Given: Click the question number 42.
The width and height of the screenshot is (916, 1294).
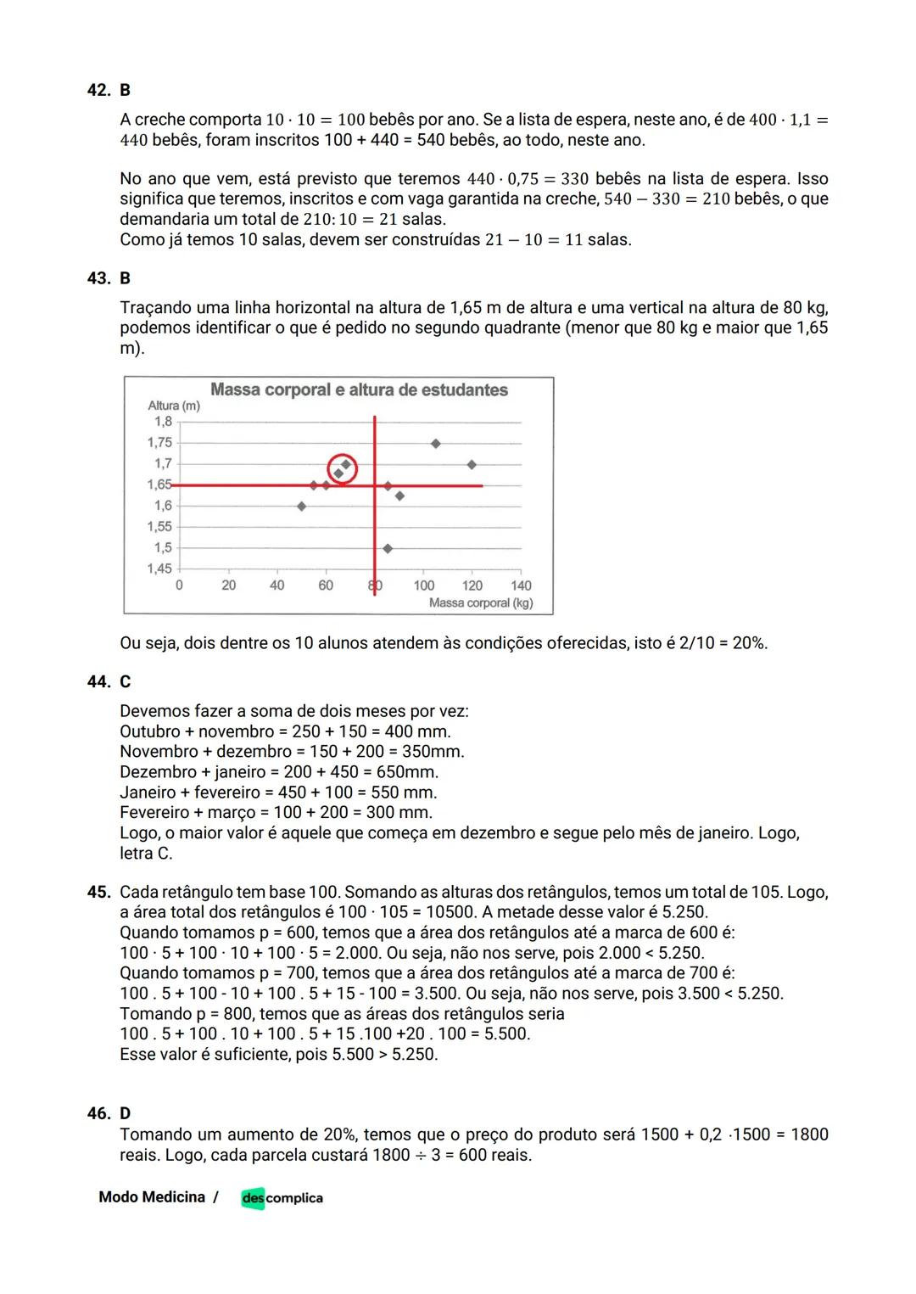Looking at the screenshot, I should (98, 90).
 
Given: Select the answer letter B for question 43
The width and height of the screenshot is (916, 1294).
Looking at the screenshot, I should (126, 278).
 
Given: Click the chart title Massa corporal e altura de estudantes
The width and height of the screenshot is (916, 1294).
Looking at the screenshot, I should (359, 390).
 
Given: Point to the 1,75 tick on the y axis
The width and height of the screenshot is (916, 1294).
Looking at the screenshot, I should (159, 442).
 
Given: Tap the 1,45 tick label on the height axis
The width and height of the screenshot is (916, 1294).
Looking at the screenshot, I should (159, 569).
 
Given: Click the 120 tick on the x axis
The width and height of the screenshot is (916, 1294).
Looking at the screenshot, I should (472, 585).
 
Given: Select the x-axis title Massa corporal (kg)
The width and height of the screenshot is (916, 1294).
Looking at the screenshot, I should (481, 603).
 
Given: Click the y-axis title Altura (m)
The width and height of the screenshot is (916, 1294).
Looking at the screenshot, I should (174, 406).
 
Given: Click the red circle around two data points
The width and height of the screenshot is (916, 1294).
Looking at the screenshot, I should (342, 468).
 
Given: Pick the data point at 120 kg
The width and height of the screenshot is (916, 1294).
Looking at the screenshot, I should (472, 464).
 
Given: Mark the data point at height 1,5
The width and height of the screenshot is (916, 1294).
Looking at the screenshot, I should (388, 548).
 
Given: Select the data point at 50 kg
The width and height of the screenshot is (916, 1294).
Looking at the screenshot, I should (301, 506).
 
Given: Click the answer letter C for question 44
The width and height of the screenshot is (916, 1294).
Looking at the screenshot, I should (126, 682).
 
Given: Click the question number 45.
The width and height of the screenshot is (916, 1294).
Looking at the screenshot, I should (98, 892).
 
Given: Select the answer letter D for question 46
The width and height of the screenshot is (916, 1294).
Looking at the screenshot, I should (126, 1113).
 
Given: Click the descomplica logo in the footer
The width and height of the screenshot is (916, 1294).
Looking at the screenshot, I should (282, 1198).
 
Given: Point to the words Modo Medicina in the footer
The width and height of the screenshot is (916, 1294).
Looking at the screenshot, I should (152, 1197).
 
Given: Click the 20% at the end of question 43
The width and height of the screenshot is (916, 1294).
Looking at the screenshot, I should (750, 643).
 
